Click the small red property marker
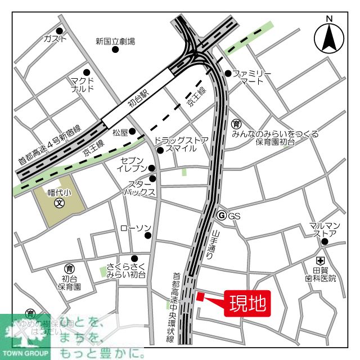[x=199, y=297]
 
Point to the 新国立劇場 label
[x=115, y=41]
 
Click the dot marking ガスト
[x=60, y=31]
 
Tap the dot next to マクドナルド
[x=87, y=73]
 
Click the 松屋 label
[x=120, y=133]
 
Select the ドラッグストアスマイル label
[x=181, y=145]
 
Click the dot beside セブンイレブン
[x=152, y=168]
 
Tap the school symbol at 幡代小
[x=58, y=204]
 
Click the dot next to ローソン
[x=148, y=235]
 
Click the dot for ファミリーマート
[x=228, y=73]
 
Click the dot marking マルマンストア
[x=325, y=242]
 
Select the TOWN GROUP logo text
[x=26, y=354]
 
